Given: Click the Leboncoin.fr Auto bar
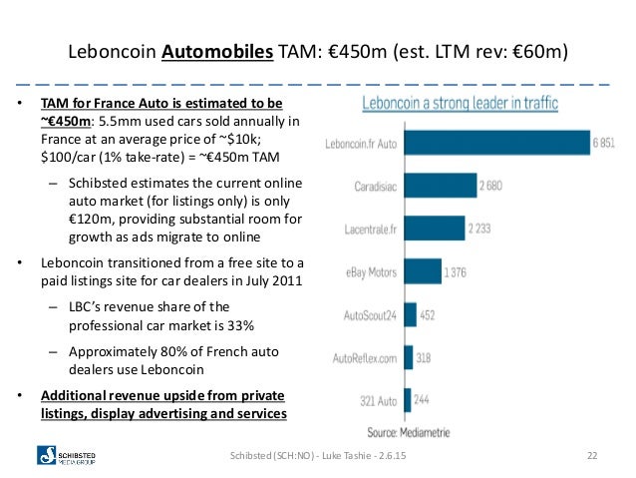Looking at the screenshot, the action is (x=497, y=143).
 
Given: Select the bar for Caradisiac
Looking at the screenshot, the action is (x=441, y=186).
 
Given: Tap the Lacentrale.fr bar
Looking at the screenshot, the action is (x=435, y=229).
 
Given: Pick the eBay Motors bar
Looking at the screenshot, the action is (x=423, y=271).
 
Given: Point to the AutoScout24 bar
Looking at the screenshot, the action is (x=411, y=314).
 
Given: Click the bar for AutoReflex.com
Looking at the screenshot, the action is (x=409, y=358).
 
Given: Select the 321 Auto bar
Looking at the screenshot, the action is (x=408, y=400).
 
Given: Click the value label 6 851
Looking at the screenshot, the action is (x=603, y=143).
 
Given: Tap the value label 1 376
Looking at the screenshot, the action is (x=456, y=272).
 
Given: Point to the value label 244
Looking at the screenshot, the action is (x=422, y=400).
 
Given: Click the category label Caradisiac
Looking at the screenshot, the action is (x=375, y=187).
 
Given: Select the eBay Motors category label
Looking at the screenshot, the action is (x=371, y=272).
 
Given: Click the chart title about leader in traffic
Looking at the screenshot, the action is (x=460, y=103).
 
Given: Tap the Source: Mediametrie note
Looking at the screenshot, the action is (x=409, y=432).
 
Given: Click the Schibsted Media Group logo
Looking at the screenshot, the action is (x=66, y=455).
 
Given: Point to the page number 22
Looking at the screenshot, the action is (x=592, y=456).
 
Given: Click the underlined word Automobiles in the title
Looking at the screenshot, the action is (x=217, y=52).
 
